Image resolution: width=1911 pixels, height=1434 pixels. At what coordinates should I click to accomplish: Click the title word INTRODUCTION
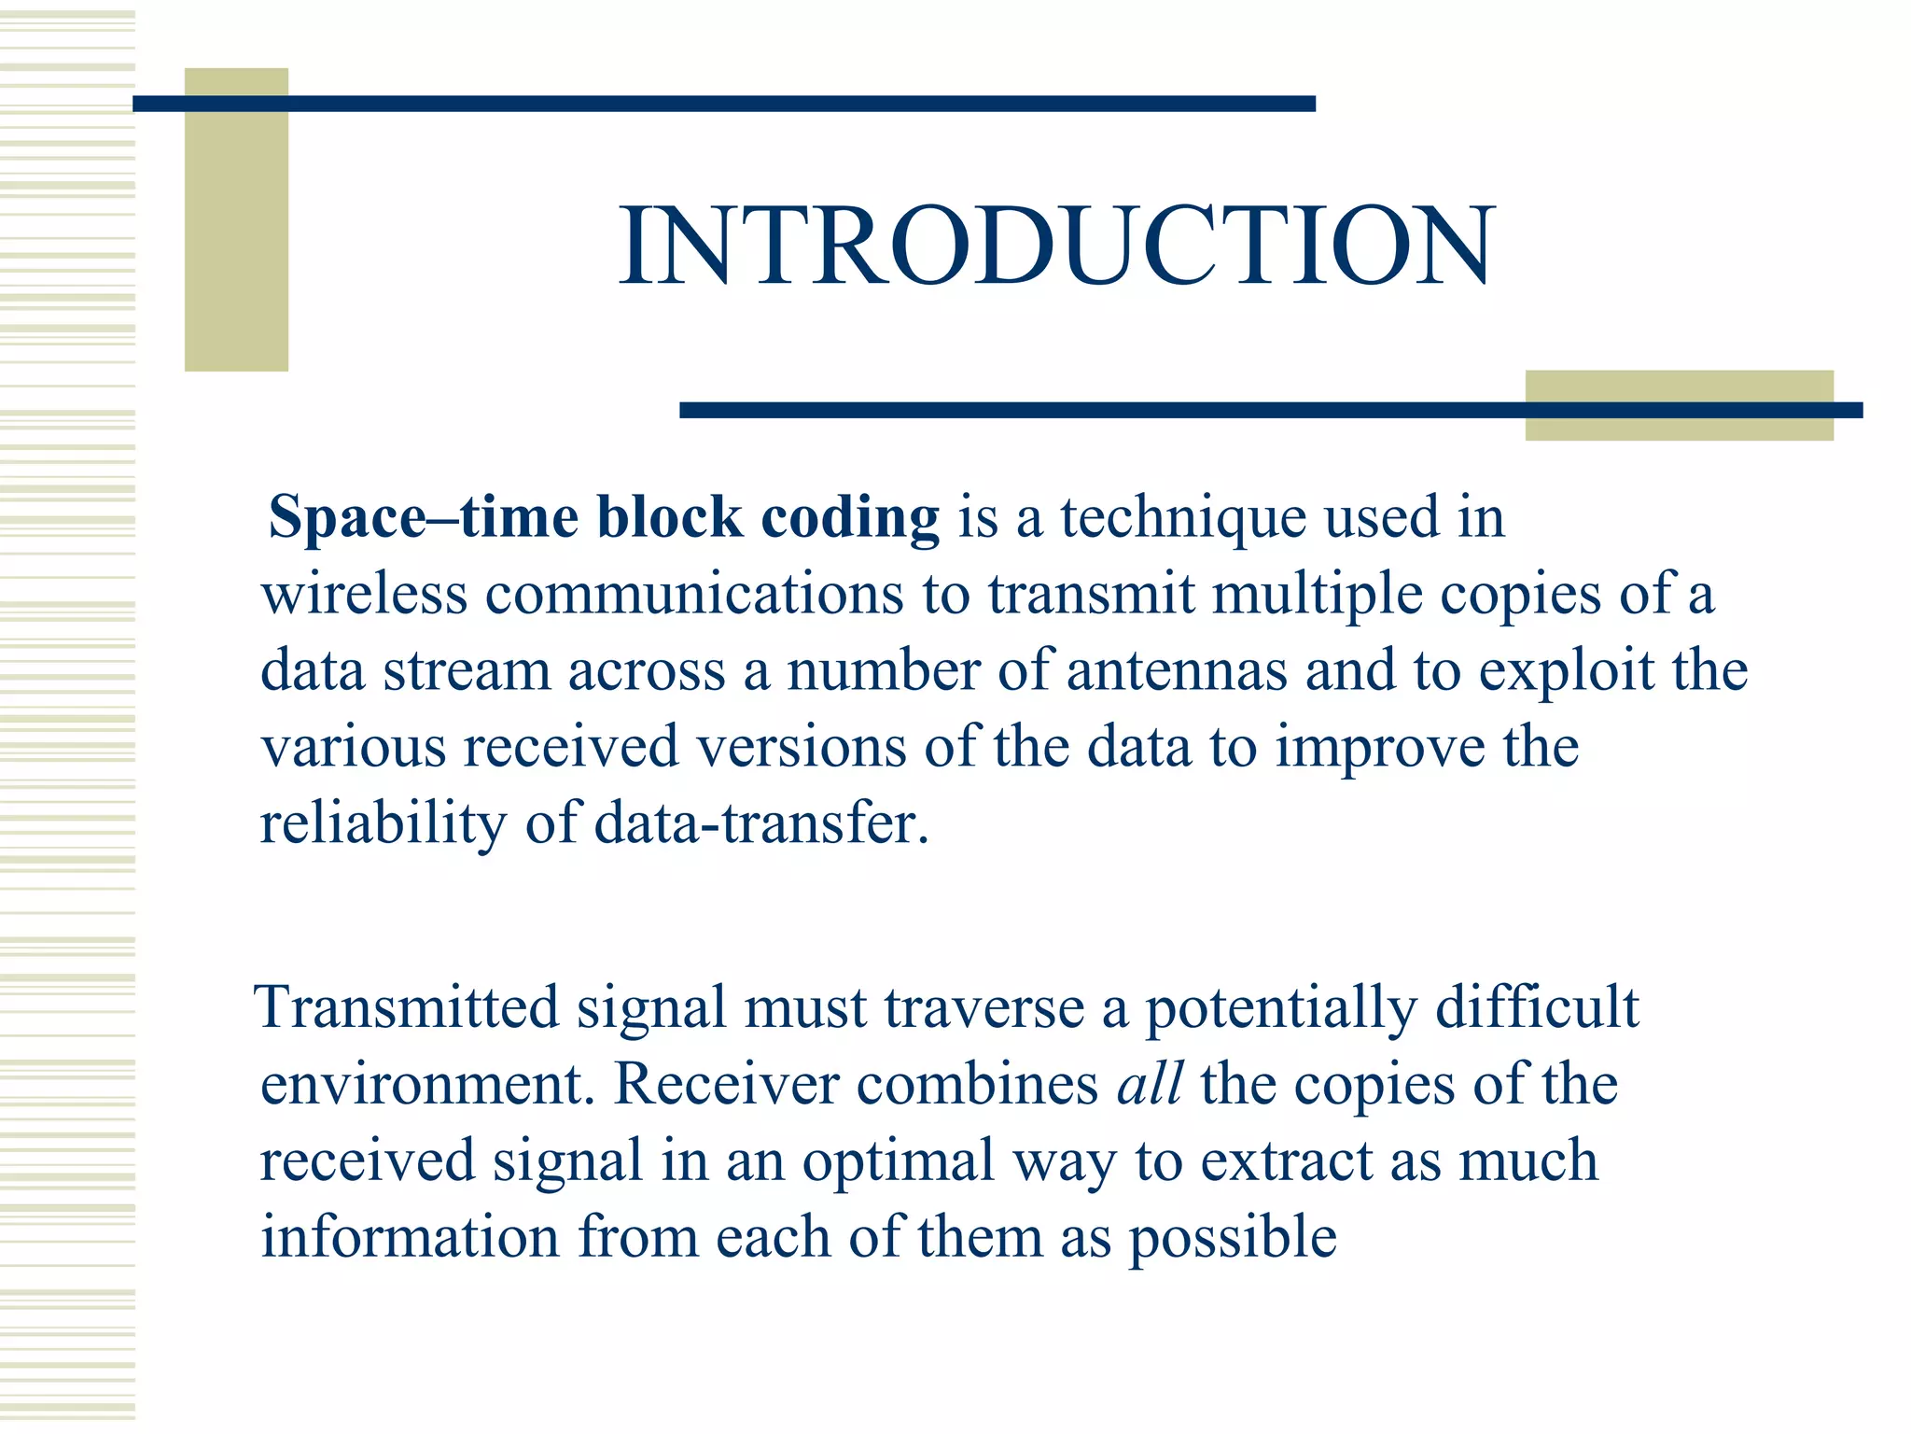pos(1056,246)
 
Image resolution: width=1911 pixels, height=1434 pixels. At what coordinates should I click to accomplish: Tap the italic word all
pos(1150,1085)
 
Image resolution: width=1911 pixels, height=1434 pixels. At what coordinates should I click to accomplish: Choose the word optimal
pos(898,1163)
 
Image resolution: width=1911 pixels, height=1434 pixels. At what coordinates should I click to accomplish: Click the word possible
pos(1233,1240)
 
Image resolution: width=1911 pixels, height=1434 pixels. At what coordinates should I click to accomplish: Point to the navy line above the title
pos(724,104)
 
